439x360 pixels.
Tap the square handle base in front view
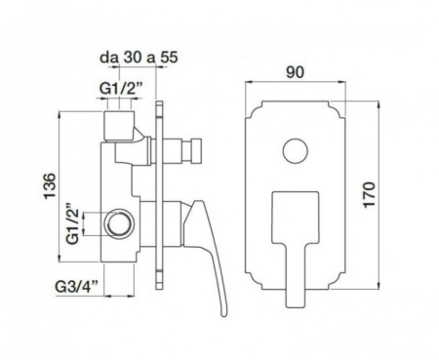tap(294, 214)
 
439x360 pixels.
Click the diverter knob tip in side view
tap(192, 151)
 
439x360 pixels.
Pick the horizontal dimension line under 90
tap(297, 86)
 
